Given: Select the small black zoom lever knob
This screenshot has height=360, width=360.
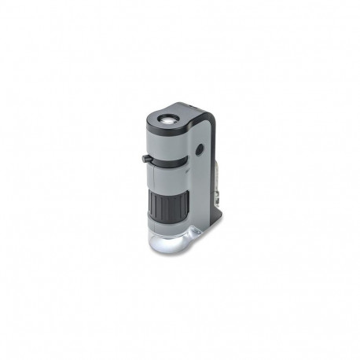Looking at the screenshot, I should click(x=146, y=160).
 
